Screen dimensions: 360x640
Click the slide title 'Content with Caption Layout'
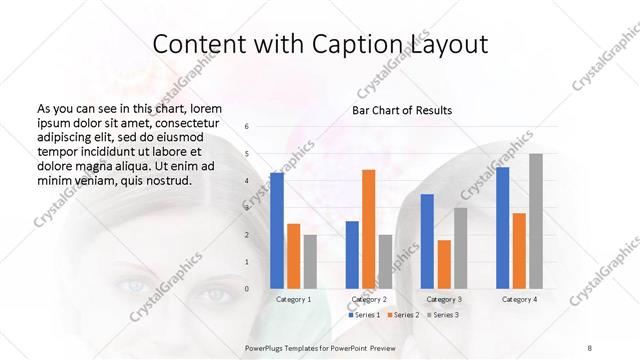[320, 44]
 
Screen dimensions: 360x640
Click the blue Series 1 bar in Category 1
[276, 230]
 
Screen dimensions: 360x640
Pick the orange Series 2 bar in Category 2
[368, 229]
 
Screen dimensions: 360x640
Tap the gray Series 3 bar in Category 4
[536, 221]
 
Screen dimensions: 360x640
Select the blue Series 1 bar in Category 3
[427, 241]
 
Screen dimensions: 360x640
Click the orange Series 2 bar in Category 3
[444, 264]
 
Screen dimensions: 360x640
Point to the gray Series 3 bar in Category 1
[310, 261]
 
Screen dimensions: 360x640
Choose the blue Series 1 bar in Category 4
[502, 228]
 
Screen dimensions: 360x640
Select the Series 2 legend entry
[402, 315]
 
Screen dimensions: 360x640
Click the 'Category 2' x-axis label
[369, 299]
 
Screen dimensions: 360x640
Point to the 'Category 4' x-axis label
[519, 299]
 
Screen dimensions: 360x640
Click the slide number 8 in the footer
[590, 347]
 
